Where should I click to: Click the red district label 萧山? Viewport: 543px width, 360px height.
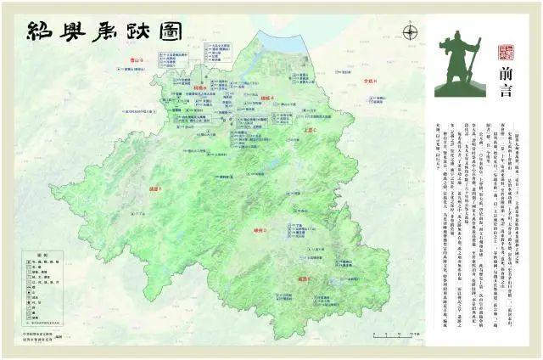coord(132,59)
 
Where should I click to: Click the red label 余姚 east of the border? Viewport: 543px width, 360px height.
coord(369,82)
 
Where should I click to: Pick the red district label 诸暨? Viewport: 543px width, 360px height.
coord(155,189)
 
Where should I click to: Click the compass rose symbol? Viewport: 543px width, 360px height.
coord(411,33)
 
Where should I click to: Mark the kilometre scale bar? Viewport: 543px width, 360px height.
coord(373,333)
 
